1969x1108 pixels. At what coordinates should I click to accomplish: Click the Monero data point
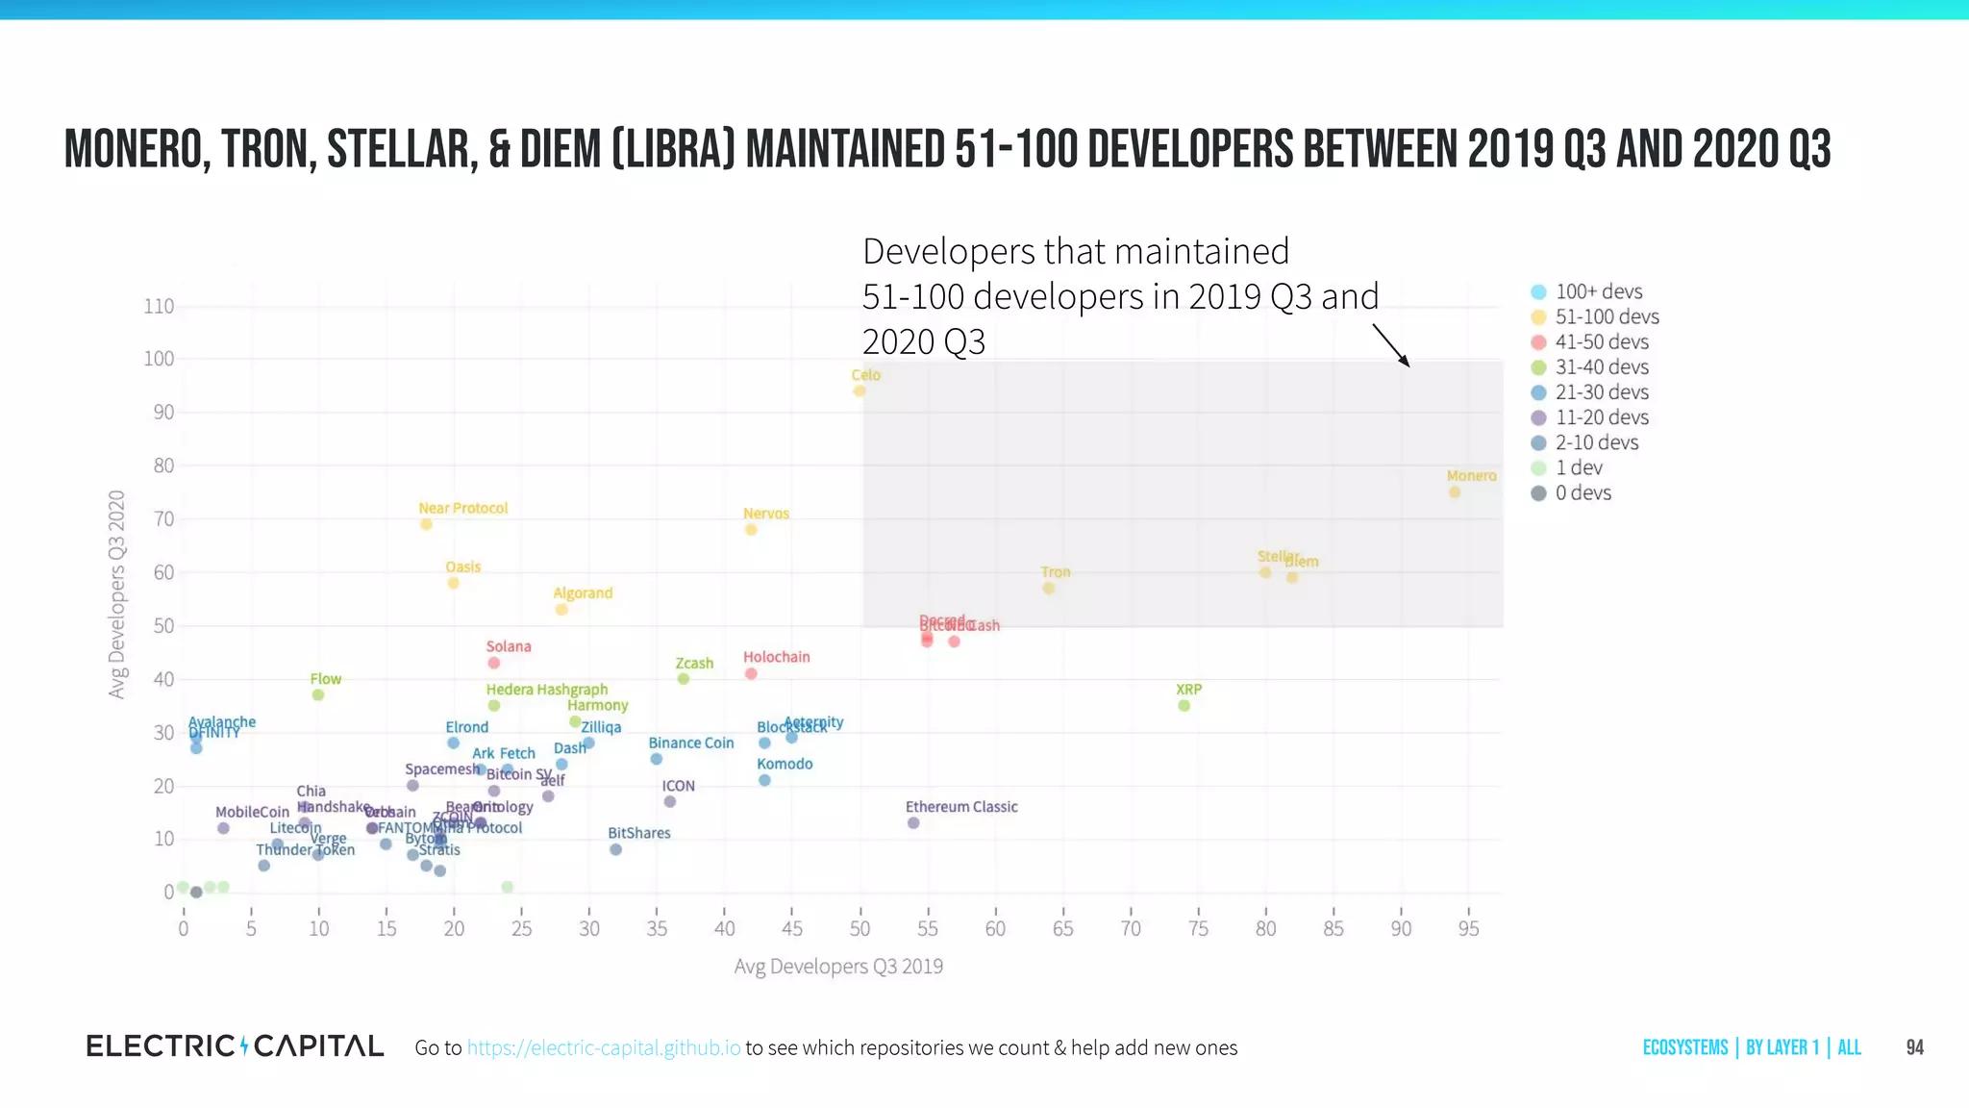(x=1455, y=492)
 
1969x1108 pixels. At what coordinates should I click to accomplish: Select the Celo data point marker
(x=860, y=390)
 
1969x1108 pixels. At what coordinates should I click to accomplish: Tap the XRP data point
(x=1184, y=706)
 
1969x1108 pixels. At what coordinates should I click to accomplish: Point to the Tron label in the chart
(x=1055, y=571)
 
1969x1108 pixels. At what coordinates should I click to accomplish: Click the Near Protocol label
(x=462, y=508)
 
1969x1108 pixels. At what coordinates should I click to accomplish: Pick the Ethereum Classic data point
(x=913, y=823)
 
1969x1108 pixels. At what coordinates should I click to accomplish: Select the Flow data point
(x=318, y=694)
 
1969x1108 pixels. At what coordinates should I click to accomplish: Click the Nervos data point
(x=751, y=530)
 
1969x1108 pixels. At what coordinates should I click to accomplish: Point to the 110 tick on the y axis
(x=159, y=306)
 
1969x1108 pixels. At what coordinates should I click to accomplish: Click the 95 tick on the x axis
(x=1468, y=928)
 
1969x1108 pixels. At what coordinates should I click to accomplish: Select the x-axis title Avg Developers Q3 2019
(x=838, y=966)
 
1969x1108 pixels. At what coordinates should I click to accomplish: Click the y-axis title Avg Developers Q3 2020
(x=117, y=593)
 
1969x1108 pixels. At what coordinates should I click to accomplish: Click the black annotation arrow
(x=1391, y=345)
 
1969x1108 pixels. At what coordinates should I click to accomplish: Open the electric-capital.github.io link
(x=604, y=1047)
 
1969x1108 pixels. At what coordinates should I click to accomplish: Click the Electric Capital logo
(x=235, y=1046)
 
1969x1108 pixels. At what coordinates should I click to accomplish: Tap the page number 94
(x=1914, y=1047)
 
